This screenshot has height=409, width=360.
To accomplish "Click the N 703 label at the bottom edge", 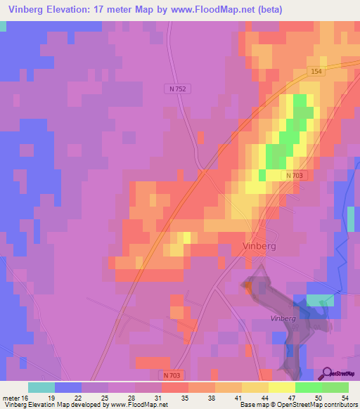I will (176, 377).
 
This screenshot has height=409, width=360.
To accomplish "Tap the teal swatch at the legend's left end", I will (41, 387).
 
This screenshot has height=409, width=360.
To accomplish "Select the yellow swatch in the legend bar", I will (281, 387).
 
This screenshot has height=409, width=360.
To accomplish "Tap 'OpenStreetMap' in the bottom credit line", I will (283, 404).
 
